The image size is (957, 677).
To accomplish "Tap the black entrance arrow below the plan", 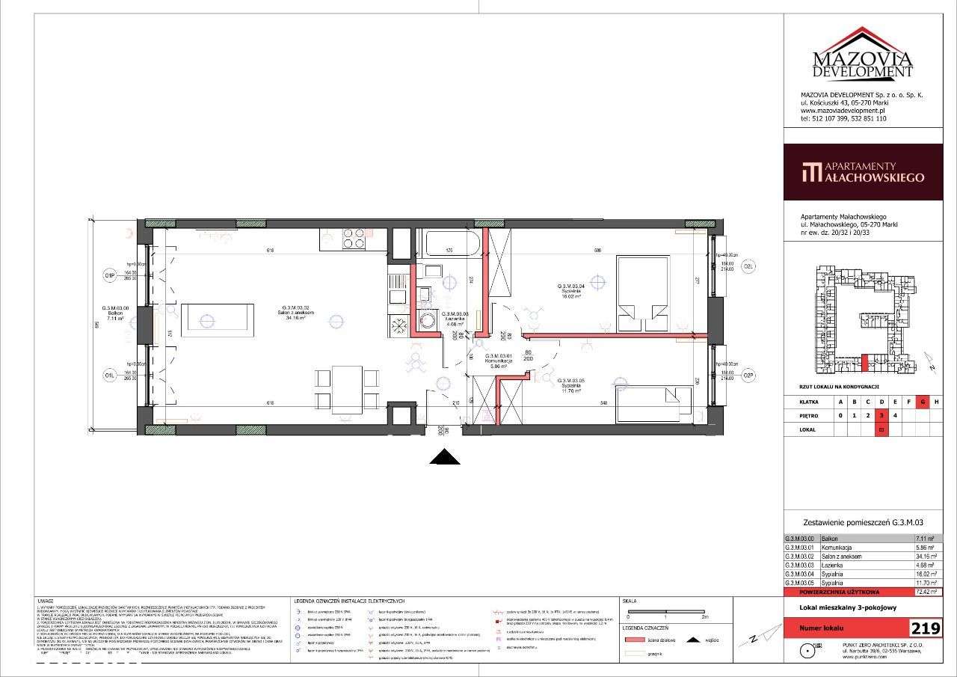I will (x=444, y=458).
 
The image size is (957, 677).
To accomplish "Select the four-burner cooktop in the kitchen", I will (x=354, y=238).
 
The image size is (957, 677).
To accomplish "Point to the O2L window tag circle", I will (x=749, y=266).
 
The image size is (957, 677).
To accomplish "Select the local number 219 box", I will (x=925, y=628).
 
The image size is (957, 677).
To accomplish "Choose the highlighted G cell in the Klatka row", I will (x=923, y=402).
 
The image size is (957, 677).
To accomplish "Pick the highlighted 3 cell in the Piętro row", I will (x=882, y=414).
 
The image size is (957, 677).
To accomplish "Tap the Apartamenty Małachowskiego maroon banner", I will (x=863, y=172).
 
